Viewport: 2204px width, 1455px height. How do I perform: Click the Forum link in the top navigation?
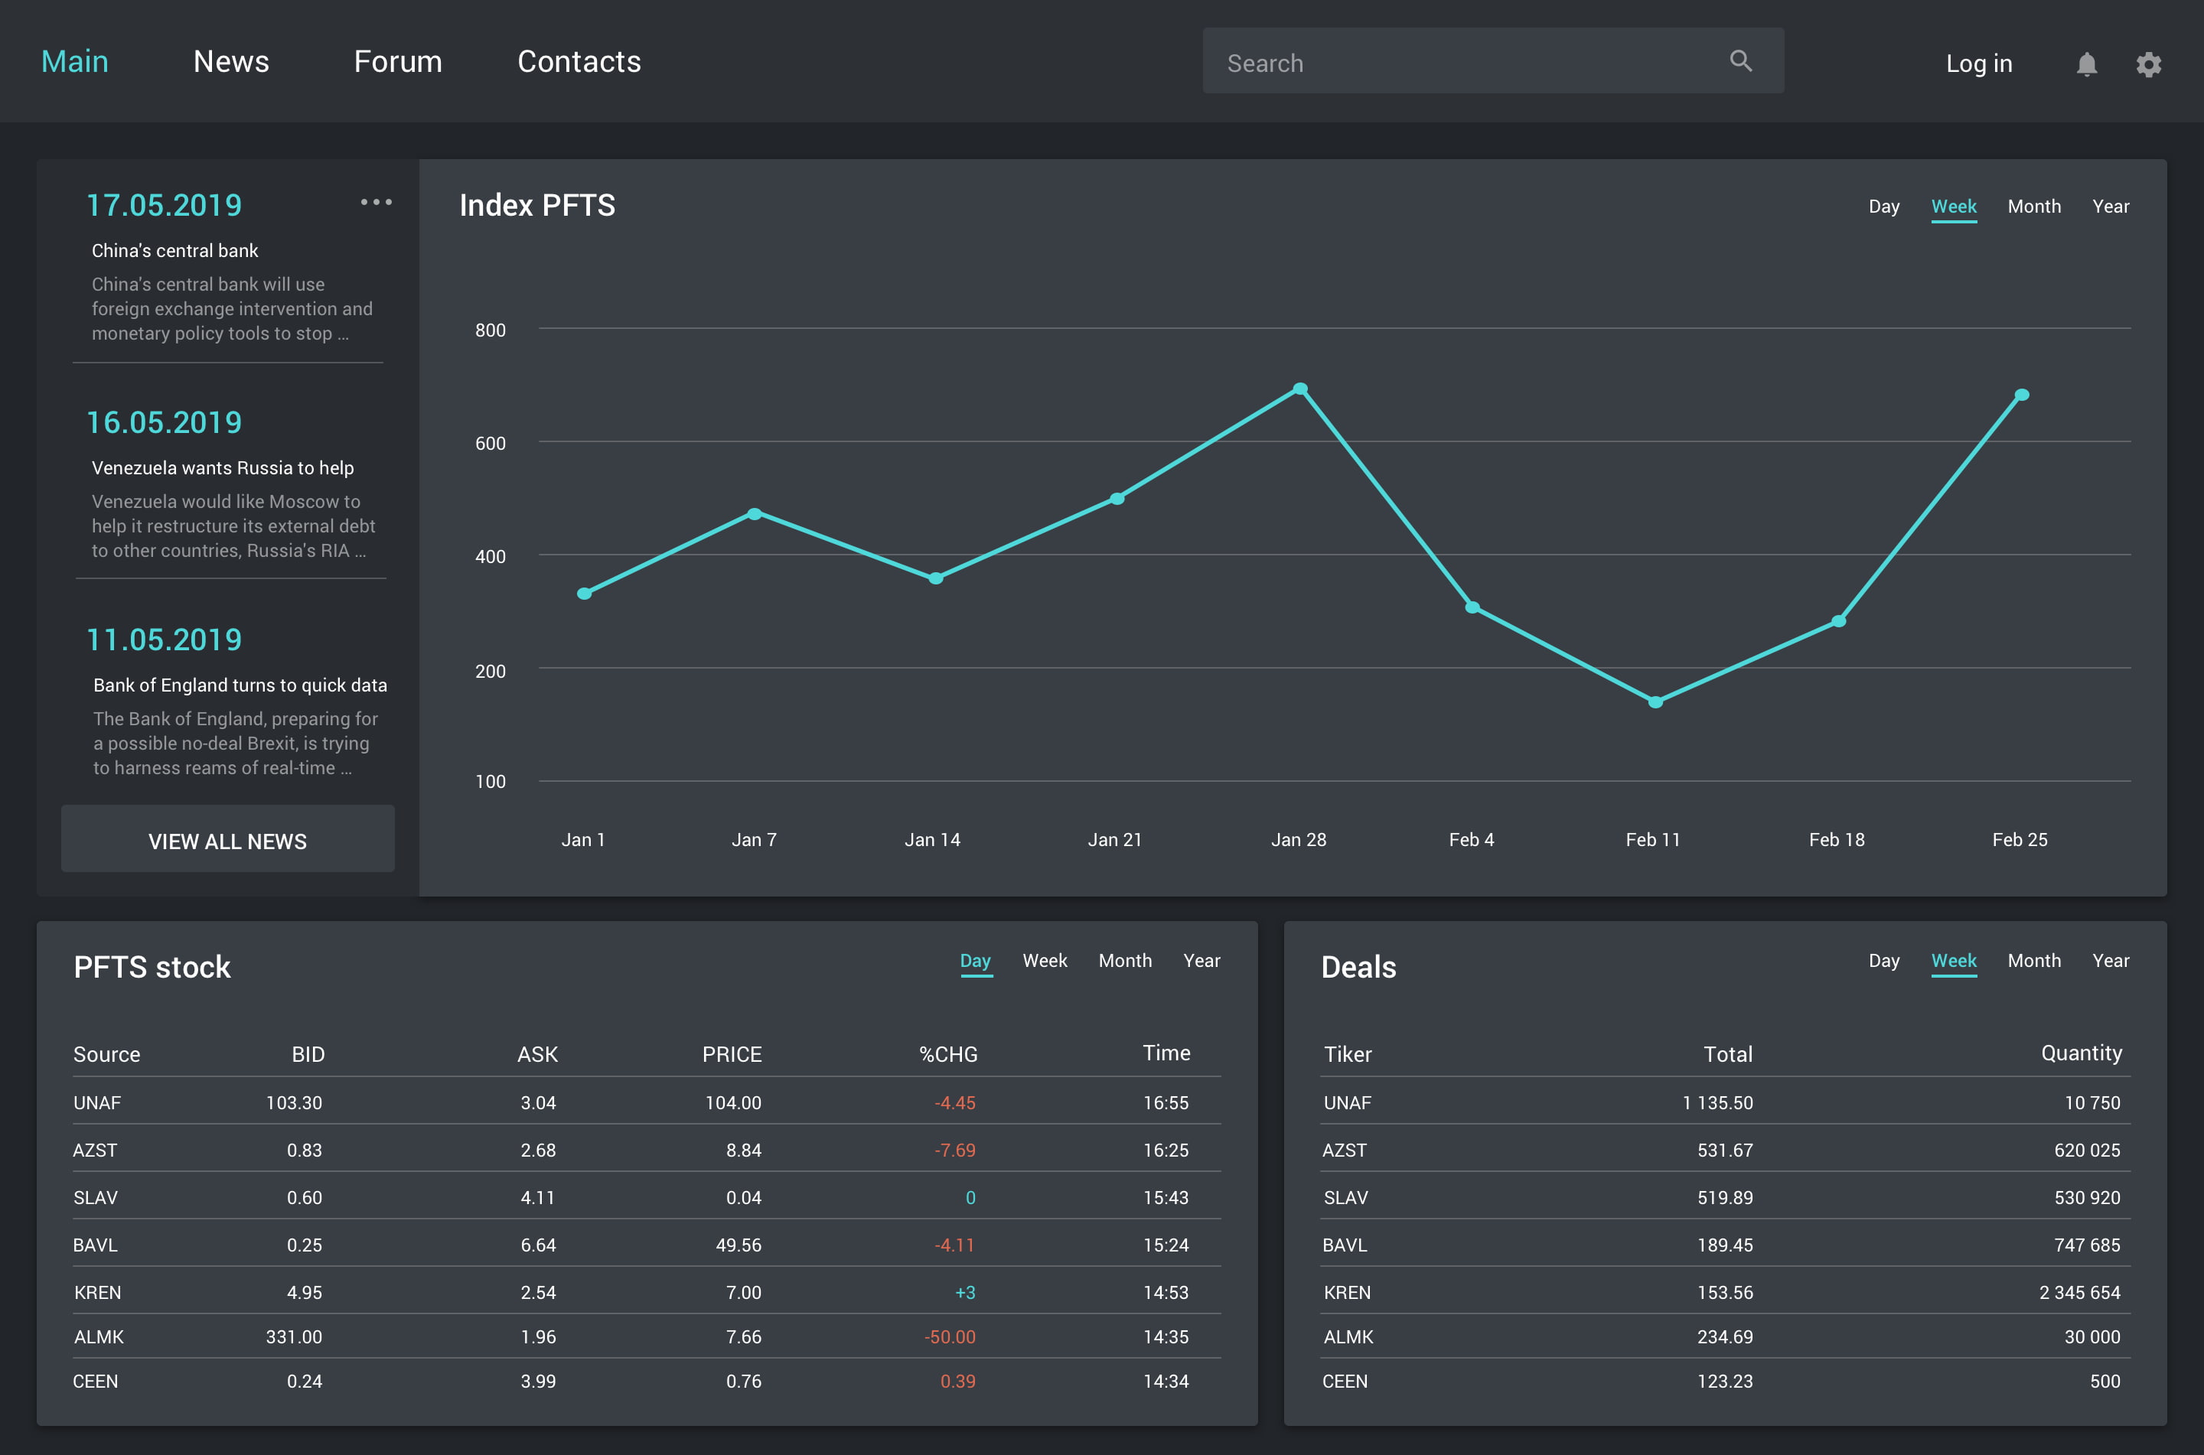coord(398,61)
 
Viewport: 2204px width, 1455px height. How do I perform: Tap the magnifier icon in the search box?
coord(1741,61)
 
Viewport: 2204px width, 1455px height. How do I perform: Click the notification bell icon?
coord(2087,64)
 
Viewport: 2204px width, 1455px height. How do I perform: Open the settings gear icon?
coord(2149,64)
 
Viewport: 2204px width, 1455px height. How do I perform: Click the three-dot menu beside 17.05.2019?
coord(377,201)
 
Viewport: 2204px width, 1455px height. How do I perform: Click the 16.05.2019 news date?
coord(165,422)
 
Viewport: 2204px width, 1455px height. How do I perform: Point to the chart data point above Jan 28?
coord(1300,389)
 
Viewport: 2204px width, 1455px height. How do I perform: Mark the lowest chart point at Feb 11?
coord(1655,701)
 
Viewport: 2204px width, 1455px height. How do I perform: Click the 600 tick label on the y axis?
coord(490,444)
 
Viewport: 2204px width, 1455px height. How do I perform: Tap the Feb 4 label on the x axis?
coord(1472,840)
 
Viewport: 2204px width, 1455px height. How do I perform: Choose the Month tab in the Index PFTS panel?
coord(2034,206)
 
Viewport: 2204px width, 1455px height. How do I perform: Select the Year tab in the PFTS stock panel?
coord(1201,960)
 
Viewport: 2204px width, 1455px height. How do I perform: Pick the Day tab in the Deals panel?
coord(1884,960)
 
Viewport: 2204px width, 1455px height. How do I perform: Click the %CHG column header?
coord(948,1054)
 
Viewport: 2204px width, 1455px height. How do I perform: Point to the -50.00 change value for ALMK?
coord(950,1337)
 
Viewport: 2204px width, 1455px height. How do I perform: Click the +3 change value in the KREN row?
coord(965,1293)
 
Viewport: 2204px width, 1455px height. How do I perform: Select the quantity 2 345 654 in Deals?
coord(2080,1293)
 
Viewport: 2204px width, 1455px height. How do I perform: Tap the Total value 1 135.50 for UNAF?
coord(1718,1102)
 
